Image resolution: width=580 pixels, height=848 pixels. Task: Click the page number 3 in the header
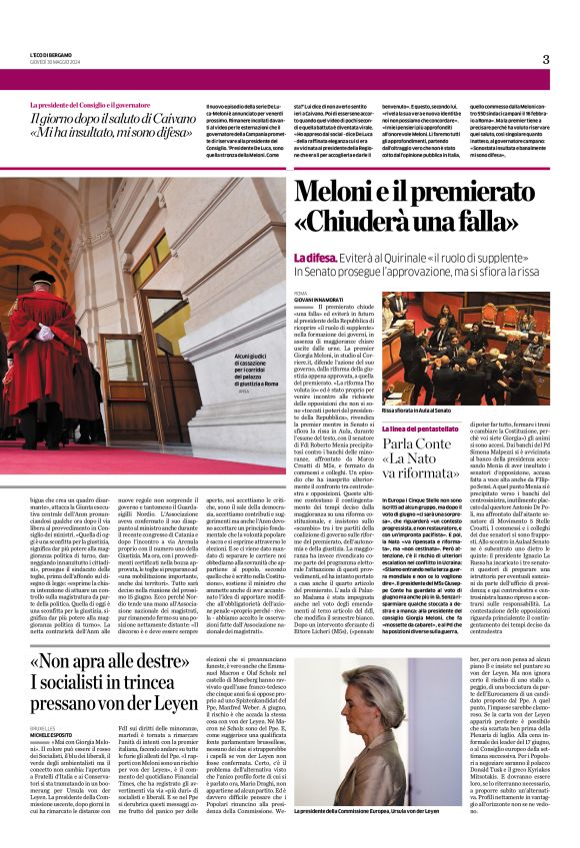click(545, 59)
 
